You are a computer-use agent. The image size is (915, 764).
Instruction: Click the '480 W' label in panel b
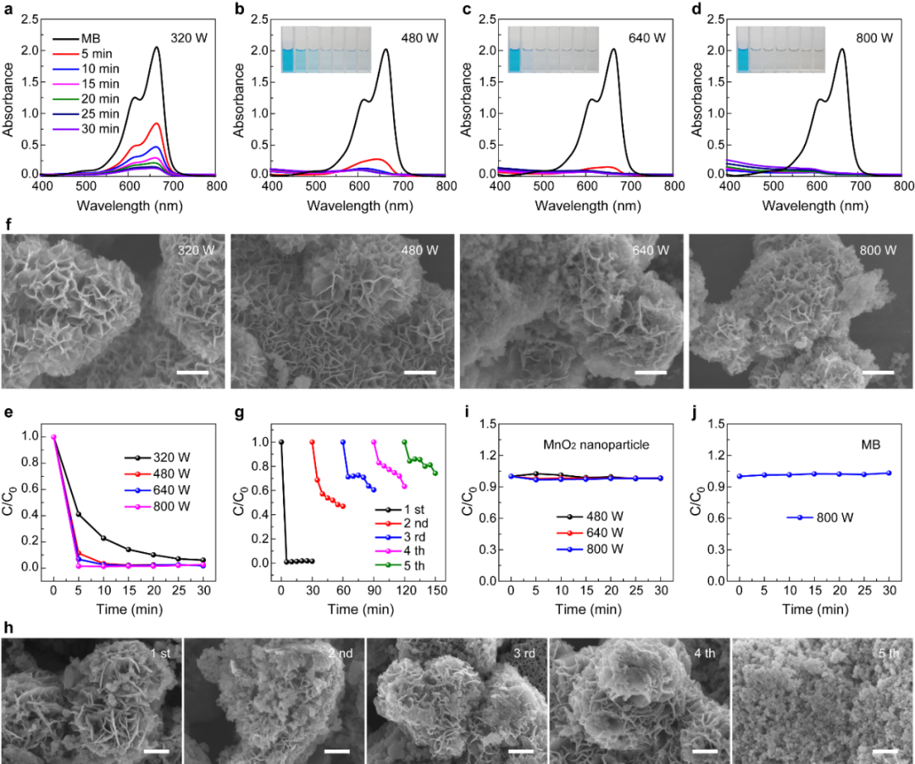[421, 38]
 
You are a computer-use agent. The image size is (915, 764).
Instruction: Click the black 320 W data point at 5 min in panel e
[79, 514]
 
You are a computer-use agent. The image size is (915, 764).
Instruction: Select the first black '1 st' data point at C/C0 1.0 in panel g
[281, 442]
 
